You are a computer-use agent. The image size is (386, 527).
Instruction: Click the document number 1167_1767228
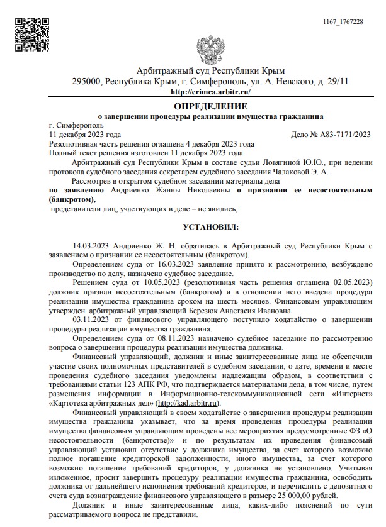343,22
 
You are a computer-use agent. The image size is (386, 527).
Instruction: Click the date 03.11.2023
92,319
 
